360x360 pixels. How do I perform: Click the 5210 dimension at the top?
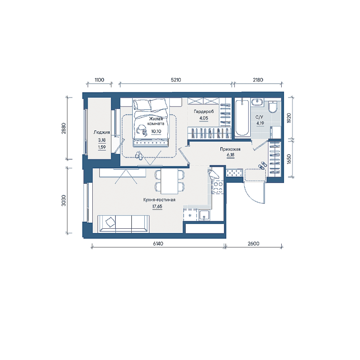(x=176, y=80)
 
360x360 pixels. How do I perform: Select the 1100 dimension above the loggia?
(x=99, y=80)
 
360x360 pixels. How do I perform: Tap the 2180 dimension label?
(x=258, y=80)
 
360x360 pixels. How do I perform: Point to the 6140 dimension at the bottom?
(x=158, y=244)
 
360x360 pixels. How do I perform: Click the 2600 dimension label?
(x=254, y=244)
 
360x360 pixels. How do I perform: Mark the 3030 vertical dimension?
(x=64, y=201)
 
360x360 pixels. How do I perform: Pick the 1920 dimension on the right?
(x=289, y=118)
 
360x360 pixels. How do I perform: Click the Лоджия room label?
(x=102, y=132)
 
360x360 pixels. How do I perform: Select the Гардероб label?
(x=204, y=112)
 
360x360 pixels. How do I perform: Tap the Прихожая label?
(x=230, y=149)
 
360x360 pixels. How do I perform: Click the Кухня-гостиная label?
(x=159, y=200)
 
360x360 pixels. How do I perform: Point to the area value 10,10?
(x=156, y=131)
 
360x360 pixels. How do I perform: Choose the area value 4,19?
(x=260, y=123)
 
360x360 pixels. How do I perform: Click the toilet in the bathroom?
(x=273, y=107)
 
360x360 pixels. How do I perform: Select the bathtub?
(x=242, y=118)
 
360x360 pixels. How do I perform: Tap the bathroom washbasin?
(x=257, y=101)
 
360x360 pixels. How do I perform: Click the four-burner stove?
(x=218, y=187)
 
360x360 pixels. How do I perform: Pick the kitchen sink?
(x=204, y=216)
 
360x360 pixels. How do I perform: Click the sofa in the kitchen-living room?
(x=124, y=224)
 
